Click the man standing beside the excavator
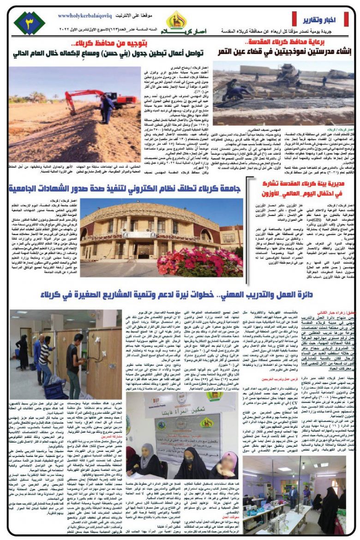click(x=107, y=108)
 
